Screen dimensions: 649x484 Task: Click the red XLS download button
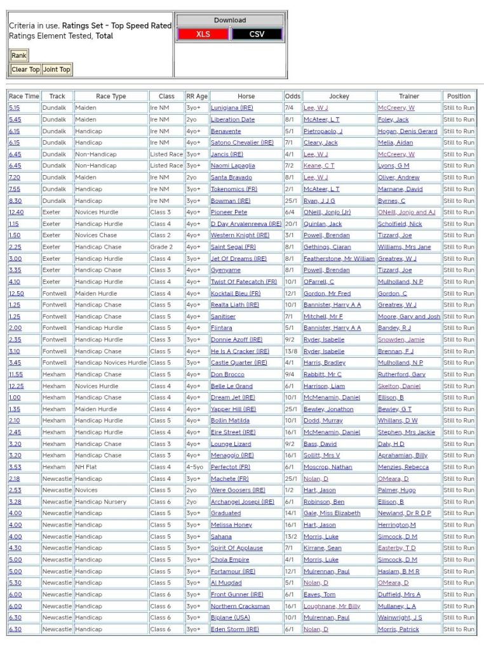[x=203, y=34]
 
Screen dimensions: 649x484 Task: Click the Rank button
[x=19, y=56]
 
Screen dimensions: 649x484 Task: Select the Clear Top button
[x=25, y=69]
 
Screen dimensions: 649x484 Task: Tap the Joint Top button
[x=57, y=69]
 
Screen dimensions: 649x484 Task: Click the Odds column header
[x=293, y=96]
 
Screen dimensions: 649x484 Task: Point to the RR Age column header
[x=197, y=96]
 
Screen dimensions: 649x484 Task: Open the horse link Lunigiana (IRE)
[x=232, y=108]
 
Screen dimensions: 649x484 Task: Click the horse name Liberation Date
[x=232, y=119]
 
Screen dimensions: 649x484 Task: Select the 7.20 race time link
[x=15, y=178]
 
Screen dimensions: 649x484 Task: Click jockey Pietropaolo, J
[x=323, y=131]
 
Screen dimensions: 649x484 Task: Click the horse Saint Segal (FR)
[x=233, y=247]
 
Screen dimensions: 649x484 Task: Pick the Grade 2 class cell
[x=161, y=247]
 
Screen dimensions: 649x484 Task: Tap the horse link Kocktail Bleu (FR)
[x=236, y=294]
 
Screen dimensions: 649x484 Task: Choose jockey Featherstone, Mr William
[x=339, y=259]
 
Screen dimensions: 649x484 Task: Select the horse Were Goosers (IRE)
[x=238, y=490]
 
